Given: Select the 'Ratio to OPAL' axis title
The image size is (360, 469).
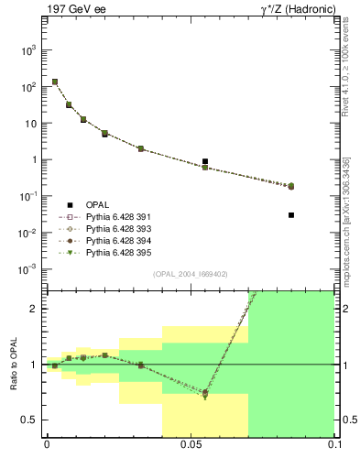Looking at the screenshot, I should pyautogui.click(x=15, y=364).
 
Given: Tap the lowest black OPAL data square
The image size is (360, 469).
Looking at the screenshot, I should pyautogui.click(x=291, y=215).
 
